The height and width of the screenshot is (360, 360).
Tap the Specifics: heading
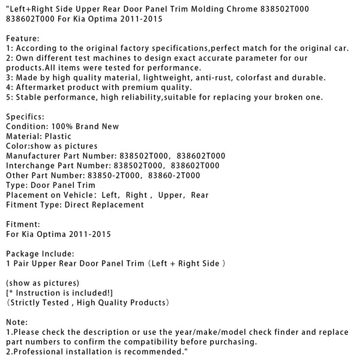25,116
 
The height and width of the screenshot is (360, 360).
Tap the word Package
24,253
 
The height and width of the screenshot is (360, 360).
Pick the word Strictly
28,302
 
